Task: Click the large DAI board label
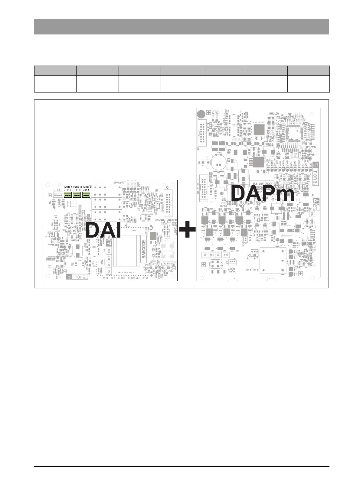coord(103,230)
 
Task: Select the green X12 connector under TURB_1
coord(68,195)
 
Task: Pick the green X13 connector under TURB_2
coord(77,195)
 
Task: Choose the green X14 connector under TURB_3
coord(87,195)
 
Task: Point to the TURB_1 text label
coord(68,187)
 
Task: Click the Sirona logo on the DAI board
coord(77,276)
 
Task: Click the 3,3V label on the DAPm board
coord(276,114)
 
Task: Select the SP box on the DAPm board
coord(205,255)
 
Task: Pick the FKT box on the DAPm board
coord(226,255)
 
